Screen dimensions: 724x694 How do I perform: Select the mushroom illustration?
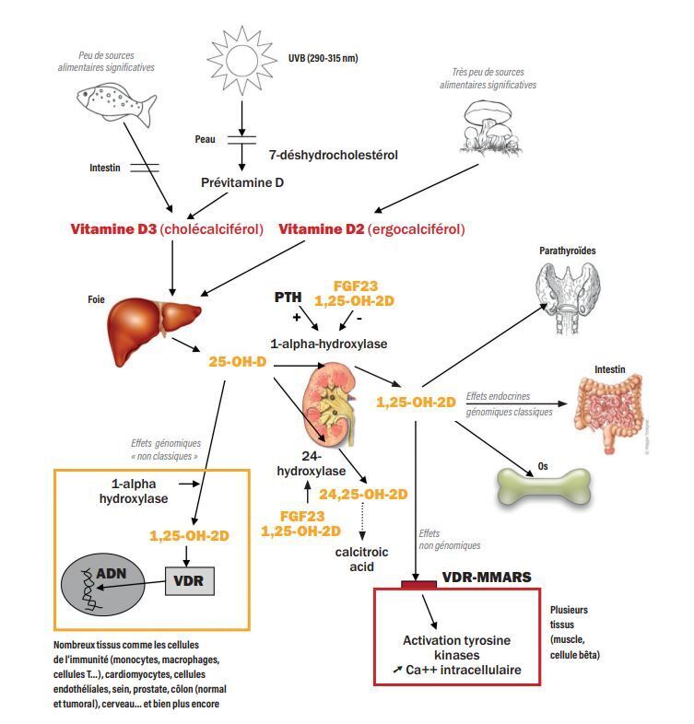point(486,124)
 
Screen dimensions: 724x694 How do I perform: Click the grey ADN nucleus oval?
point(102,585)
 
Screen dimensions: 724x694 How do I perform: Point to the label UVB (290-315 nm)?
point(323,58)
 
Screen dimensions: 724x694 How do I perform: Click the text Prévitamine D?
point(242,182)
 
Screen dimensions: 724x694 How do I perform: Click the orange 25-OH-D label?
point(237,362)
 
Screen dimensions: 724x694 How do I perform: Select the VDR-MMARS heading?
point(486,578)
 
